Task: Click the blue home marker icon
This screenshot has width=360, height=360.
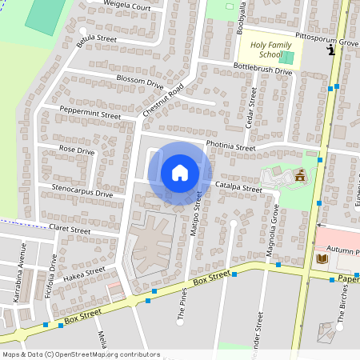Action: pyautogui.click(x=180, y=173)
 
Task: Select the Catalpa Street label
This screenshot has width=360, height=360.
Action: pyautogui.click(x=239, y=188)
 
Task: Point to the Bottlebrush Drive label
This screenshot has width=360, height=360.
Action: pyautogui.click(x=262, y=70)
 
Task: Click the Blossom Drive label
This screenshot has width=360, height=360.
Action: pyautogui.click(x=140, y=82)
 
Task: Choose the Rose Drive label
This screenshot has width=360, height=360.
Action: pyautogui.click(x=77, y=150)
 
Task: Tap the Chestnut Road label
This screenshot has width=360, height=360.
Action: pyautogui.click(x=164, y=102)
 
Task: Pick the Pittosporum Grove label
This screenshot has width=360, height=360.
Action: pyautogui.click(x=326, y=39)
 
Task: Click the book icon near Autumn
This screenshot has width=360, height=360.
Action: pyautogui.click(x=322, y=258)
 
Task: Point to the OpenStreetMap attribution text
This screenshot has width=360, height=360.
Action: pyautogui.click(x=80, y=354)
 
